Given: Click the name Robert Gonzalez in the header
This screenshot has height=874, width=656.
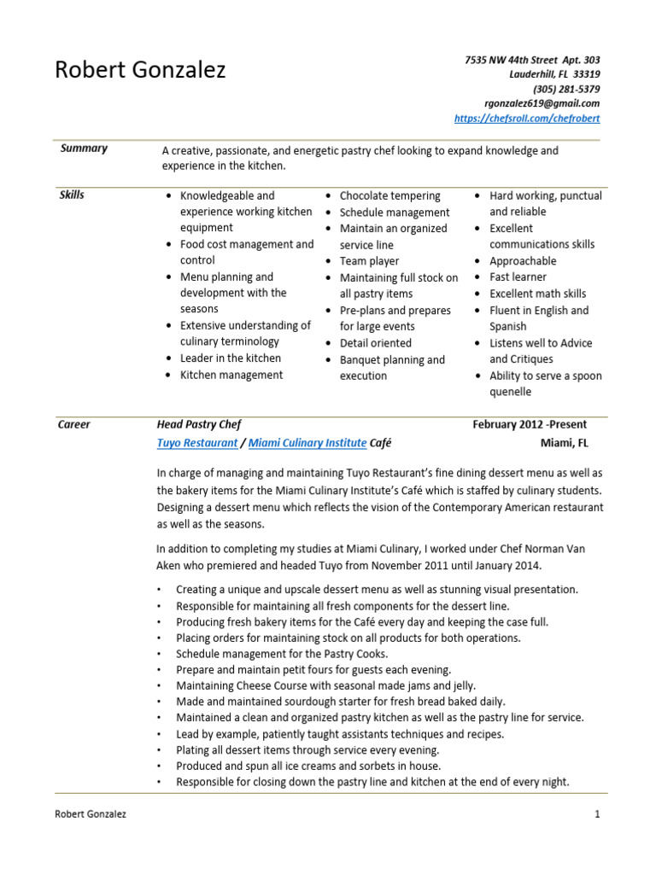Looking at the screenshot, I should tap(140, 70).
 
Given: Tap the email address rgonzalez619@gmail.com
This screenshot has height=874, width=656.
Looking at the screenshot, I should tap(542, 103).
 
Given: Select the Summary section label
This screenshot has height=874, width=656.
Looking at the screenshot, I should tap(84, 149).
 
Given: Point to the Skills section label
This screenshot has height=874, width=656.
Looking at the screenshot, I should tap(72, 195).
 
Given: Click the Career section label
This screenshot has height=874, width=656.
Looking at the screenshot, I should tap(73, 424).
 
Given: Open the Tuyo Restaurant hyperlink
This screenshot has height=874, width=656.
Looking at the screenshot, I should tap(196, 443).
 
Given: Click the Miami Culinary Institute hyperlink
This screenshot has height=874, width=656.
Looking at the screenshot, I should tap(307, 443).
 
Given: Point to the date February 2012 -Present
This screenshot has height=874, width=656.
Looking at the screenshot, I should tap(530, 424).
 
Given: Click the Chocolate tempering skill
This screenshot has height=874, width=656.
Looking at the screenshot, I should tap(389, 196).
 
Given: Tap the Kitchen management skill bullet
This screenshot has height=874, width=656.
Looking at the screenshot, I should tap(231, 375).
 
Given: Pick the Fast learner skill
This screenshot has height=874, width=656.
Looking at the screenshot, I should tap(518, 277).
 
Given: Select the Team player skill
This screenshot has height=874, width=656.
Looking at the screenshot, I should tap(369, 261).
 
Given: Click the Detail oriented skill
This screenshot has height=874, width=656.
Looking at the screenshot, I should tap(375, 343).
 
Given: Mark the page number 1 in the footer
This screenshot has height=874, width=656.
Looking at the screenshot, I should tap(597, 814).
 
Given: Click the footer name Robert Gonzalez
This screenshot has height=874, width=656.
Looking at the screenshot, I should tap(91, 814).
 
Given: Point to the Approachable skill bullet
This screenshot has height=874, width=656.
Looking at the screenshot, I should tap(522, 261).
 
